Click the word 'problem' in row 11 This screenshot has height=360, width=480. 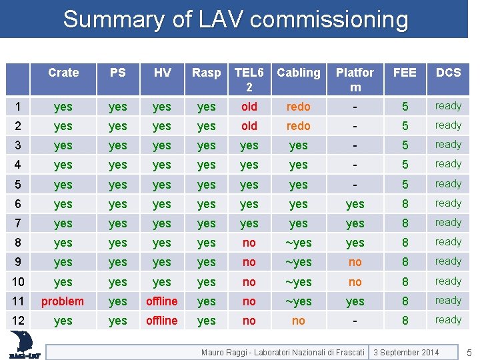click(63, 301)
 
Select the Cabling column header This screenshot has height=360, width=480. click(299, 73)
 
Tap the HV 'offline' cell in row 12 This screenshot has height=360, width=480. click(162, 321)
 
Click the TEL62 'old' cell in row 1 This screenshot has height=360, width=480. click(249, 107)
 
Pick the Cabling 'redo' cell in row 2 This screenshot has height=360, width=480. click(299, 126)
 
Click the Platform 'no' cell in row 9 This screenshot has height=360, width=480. click(355, 262)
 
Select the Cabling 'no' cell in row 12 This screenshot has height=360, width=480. click(299, 321)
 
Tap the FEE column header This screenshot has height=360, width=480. click(405, 73)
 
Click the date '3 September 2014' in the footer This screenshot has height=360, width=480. click(407, 352)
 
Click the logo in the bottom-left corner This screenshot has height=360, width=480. click(25, 345)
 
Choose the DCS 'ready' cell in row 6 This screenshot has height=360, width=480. click(448, 203)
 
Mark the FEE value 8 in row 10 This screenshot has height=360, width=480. click(405, 282)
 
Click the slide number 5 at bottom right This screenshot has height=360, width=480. click(469, 352)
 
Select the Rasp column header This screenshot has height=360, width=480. click(206, 73)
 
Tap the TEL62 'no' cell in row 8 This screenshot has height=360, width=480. click(249, 243)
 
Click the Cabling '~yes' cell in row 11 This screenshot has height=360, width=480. click(299, 301)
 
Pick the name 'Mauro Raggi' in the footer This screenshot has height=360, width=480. click(223, 352)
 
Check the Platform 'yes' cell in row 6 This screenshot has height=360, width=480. click(355, 204)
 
